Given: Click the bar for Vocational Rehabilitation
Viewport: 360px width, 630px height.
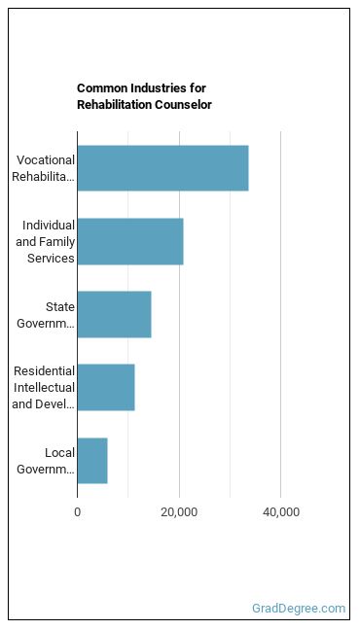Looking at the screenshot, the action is tap(162, 168).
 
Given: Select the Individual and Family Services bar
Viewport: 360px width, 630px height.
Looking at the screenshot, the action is tap(130, 241).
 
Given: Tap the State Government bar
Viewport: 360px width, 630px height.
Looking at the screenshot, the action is tap(114, 315).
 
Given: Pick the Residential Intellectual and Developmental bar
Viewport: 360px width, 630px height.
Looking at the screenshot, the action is tap(106, 387).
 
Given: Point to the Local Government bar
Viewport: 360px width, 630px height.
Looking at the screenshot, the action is tap(92, 461).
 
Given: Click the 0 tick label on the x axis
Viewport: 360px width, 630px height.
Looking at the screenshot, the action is tap(77, 512).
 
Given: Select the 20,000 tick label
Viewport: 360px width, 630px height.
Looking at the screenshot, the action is tap(179, 512).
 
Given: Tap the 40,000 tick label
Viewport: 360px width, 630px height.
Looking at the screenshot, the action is tap(281, 512).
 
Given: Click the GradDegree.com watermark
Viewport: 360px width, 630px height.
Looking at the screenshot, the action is tap(299, 609).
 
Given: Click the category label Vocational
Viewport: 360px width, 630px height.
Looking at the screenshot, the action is tap(46, 159).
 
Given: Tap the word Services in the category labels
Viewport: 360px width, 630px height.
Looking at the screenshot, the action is tap(52, 258).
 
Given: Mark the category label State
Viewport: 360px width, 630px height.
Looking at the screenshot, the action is tap(60, 307).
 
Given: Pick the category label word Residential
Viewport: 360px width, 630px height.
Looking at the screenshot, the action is tap(44, 370).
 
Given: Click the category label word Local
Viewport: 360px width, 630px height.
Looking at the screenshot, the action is tap(60, 453).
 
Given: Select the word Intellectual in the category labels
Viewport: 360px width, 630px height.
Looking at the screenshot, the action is tap(44, 387).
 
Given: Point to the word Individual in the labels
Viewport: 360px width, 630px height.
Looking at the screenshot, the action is tap(49, 225).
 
